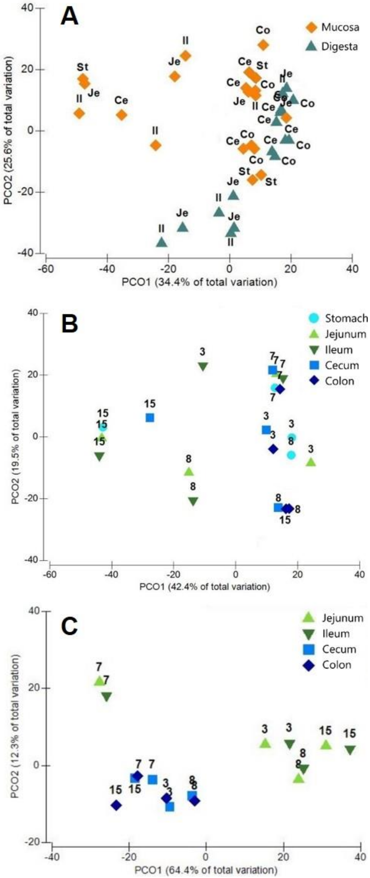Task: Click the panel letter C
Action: [70, 627]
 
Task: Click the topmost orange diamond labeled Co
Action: [263, 45]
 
